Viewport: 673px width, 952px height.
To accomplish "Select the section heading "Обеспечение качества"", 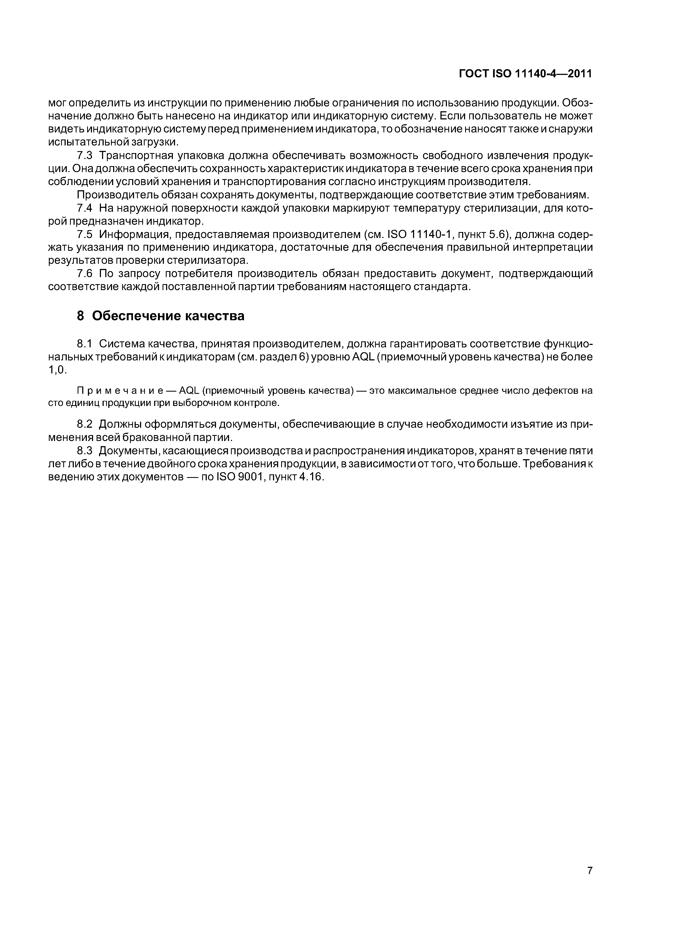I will [x=168, y=316].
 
